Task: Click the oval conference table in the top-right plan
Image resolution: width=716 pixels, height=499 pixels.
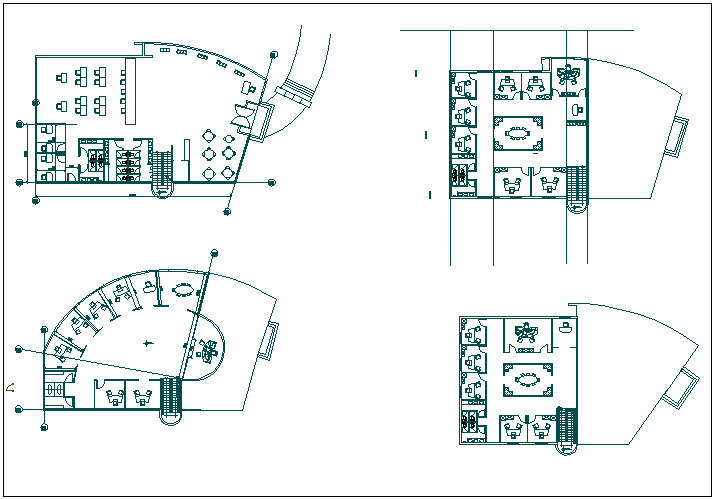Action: pyautogui.click(x=518, y=131)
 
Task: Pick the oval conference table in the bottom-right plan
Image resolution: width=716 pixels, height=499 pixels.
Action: pyautogui.click(x=526, y=379)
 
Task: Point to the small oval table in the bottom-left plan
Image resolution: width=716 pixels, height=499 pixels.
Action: pyautogui.click(x=184, y=290)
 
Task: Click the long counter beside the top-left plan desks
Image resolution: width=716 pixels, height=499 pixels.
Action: pyautogui.click(x=129, y=90)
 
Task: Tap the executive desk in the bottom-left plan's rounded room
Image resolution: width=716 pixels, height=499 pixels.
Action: pyautogui.click(x=207, y=349)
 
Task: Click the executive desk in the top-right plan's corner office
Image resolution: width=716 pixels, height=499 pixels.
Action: pyautogui.click(x=568, y=74)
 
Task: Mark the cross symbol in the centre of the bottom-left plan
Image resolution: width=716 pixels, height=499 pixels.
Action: pyautogui.click(x=148, y=343)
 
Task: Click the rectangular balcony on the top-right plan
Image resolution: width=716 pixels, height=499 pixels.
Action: pyautogui.click(x=678, y=136)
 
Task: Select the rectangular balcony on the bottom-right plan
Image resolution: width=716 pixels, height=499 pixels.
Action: pyautogui.click(x=684, y=386)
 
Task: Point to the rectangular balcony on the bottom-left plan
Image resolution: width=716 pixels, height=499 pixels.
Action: pyautogui.click(x=269, y=341)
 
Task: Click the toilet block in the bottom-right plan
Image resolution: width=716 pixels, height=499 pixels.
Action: pyautogui.click(x=469, y=421)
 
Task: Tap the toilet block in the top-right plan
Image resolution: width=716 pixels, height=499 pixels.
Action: pyautogui.click(x=460, y=174)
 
